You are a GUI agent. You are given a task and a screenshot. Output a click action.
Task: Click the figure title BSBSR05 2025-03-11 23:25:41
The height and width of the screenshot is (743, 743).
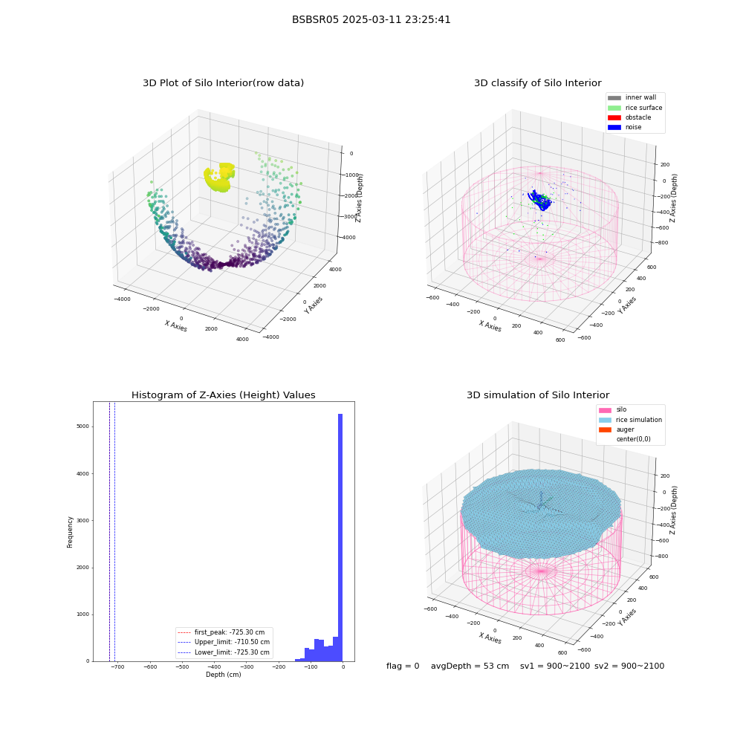click(x=371, y=19)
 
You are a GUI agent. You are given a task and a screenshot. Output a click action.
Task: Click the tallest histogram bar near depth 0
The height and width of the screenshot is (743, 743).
click(x=340, y=537)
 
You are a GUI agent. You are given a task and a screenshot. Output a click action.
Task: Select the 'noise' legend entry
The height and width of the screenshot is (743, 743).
click(x=625, y=127)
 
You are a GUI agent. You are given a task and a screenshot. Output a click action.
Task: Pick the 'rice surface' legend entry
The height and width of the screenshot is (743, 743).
click(x=635, y=108)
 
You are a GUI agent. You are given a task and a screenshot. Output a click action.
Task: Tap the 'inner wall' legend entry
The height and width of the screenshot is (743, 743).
click(x=632, y=97)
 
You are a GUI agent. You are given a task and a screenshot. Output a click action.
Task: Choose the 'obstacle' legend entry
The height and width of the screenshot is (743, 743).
click(x=629, y=117)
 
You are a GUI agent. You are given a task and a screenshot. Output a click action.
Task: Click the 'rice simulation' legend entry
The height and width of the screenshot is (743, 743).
click(x=630, y=420)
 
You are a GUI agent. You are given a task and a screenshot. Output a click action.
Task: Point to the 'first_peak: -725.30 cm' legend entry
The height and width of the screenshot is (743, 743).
click(x=221, y=632)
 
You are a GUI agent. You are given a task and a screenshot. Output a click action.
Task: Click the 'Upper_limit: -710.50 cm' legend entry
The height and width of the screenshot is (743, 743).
click(x=223, y=642)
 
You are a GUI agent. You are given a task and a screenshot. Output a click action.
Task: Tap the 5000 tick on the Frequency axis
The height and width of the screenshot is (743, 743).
click(x=83, y=426)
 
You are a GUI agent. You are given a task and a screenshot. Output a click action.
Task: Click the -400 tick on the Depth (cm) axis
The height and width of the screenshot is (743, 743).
click(x=214, y=666)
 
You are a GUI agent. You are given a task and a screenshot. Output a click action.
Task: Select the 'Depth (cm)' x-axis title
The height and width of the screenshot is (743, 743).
click(x=224, y=675)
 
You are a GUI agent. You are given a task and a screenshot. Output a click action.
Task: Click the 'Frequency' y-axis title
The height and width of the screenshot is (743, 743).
click(x=70, y=532)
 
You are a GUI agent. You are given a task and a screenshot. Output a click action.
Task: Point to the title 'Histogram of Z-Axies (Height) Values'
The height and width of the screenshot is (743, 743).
click(x=223, y=395)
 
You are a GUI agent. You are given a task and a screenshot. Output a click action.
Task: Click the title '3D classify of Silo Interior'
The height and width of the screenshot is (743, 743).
click(x=538, y=83)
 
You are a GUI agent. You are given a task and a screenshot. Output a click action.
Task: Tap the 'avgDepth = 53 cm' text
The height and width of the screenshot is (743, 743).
click(x=470, y=666)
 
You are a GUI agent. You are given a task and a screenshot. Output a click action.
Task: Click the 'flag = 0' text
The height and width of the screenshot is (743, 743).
click(x=403, y=666)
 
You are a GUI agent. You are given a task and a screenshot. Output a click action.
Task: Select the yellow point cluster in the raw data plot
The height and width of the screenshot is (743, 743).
click(x=220, y=178)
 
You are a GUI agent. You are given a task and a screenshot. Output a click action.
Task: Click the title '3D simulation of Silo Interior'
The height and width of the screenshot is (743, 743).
click(x=538, y=395)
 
